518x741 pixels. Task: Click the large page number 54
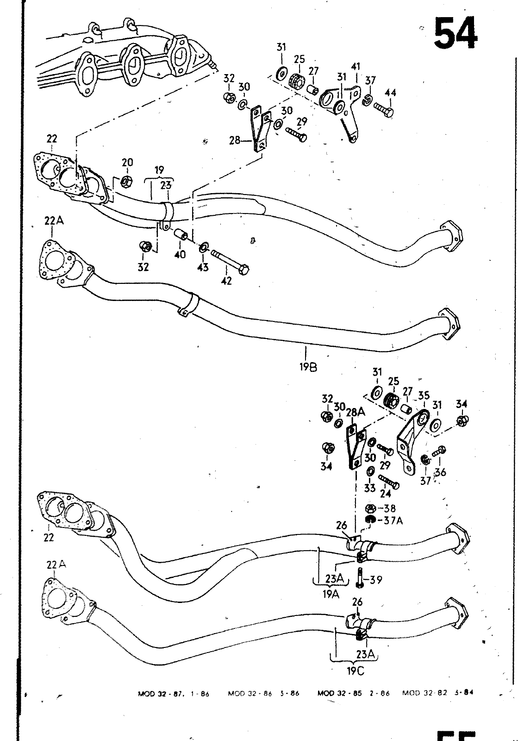[x=456, y=33]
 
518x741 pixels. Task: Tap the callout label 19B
[x=307, y=368]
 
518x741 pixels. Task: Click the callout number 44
[x=390, y=93]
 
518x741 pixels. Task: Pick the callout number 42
[x=227, y=281]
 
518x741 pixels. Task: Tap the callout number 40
[x=180, y=254]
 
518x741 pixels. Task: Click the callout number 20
[x=127, y=163]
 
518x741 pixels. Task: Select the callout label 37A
[x=393, y=521]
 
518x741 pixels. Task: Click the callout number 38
[x=390, y=509]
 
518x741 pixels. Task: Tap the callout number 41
[x=356, y=68]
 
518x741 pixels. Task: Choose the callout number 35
[x=424, y=396]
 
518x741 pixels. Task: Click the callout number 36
[x=440, y=472]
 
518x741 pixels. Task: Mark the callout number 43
[x=203, y=267]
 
